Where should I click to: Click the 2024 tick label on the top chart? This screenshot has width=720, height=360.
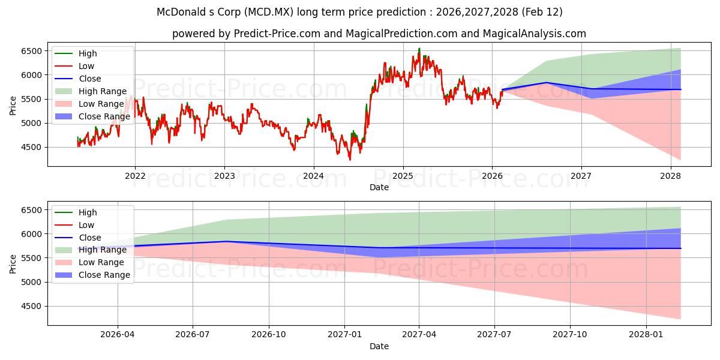tap(313, 176)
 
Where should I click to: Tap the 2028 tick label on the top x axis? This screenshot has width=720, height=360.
tap(670, 176)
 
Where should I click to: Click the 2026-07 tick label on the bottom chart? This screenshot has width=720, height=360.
tap(193, 335)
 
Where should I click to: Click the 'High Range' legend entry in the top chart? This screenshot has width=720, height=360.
tap(103, 91)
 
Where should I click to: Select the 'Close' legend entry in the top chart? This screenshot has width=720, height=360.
tap(90, 79)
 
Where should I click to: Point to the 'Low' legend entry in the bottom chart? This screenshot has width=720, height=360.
tap(86, 225)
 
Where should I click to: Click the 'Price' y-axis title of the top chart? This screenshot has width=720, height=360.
tap(13, 105)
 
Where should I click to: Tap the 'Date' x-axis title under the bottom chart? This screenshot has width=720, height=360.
tap(379, 346)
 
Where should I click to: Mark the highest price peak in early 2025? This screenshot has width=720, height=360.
tap(419, 49)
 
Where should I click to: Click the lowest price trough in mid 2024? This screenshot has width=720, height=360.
tap(350, 160)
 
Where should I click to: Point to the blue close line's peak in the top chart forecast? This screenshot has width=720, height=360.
tap(546, 82)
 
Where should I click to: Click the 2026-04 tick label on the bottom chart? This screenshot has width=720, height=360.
tap(118, 335)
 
